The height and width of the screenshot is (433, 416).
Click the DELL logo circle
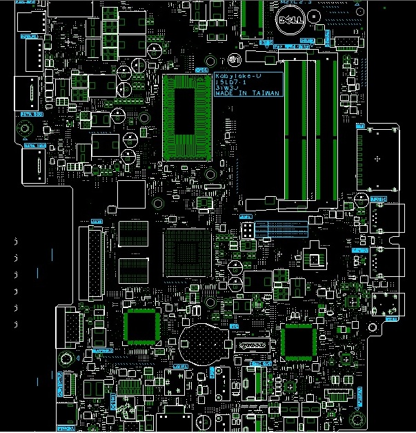point(290,21)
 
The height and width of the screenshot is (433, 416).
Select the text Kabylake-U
point(237,75)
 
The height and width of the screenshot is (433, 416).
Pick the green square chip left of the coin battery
point(141,326)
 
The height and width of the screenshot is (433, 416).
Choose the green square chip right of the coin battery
point(298,341)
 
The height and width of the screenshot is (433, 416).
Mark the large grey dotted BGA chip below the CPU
point(187,252)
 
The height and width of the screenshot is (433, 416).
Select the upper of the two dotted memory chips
point(133,233)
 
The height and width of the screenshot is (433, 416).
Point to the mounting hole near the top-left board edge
point(24,128)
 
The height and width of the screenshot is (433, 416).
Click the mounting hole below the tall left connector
point(66,358)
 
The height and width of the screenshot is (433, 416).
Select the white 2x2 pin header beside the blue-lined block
point(247,229)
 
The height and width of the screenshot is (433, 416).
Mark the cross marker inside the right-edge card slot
point(377,159)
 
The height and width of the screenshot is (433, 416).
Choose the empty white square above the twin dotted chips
point(131,194)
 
